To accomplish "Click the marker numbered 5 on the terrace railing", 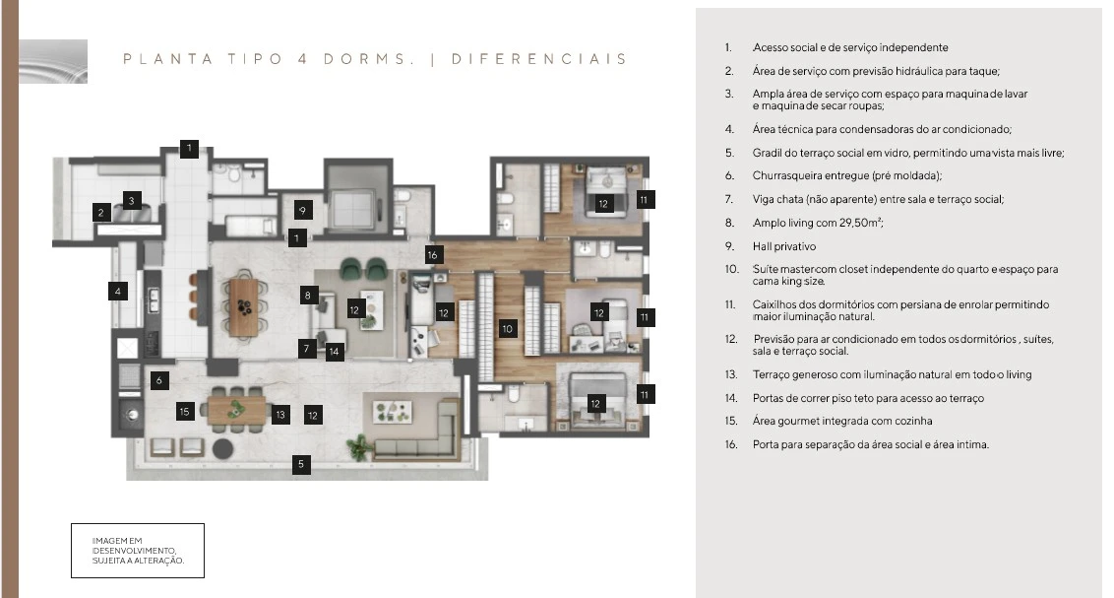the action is (x=300, y=464).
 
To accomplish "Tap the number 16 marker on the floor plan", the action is (x=433, y=254).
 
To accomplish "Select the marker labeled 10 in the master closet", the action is (x=507, y=328).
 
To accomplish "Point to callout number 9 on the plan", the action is (x=303, y=210).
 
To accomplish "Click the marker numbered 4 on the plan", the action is (x=118, y=291).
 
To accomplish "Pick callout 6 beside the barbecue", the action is (x=159, y=380).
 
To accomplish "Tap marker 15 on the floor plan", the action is (x=185, y=411).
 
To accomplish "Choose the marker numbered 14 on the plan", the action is (x=334, y=351).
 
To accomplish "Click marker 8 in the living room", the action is (x=308, y=296).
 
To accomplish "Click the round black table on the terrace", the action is (x=223, y=448).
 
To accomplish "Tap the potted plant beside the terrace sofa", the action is (x=358, y=447).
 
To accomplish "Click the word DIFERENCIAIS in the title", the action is (x=539, y=59).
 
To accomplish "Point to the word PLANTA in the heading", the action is (x=167, y=59).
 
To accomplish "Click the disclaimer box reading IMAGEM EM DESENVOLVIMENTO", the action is (x=138, y=551).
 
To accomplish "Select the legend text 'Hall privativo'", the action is (x=784, y=246).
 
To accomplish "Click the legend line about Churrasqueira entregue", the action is (x=847, y=175).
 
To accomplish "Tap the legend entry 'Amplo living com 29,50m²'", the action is (x=818, y=223).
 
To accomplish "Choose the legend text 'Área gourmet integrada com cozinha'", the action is (x=841, y=421).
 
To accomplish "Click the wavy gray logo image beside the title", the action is (x=53, y=62).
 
